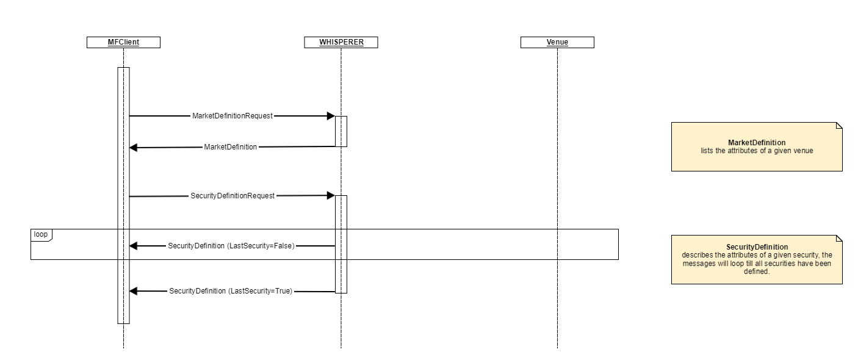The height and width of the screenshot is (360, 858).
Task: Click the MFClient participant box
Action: coord(123,42)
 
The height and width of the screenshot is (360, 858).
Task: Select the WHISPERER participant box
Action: coord(341,42)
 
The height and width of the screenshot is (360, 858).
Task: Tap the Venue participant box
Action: coord(557,42)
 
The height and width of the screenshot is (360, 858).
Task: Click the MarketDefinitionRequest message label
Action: coord(232,116)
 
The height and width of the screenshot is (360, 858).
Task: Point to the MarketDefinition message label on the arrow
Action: coord(230,147)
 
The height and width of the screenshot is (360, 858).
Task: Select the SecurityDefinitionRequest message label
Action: coord(233,196)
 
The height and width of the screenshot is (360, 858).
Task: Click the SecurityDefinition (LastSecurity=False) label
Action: coord(231,246)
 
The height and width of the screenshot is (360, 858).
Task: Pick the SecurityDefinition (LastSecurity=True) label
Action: coord(231,292)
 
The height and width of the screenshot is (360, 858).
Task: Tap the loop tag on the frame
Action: coord(41,234)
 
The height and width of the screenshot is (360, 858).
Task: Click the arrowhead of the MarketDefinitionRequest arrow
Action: coord(331,116)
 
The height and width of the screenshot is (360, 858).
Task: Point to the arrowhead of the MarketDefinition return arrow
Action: coord(134,148)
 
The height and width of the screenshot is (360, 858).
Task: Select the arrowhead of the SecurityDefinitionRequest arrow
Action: coord(331,195)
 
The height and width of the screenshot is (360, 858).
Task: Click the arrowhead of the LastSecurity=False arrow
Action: coord(134,246)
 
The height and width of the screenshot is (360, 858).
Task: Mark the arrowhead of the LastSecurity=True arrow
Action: coord(134,292)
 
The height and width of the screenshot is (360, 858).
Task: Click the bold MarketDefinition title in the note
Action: coord(756,143)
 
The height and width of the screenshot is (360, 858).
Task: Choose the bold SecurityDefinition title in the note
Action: coord(756,247)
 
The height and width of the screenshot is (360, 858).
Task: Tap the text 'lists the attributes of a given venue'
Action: coord(756,150)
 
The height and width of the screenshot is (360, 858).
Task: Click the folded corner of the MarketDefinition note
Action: coord(839,126)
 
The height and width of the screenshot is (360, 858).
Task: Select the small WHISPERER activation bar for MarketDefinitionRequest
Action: coord(341,131)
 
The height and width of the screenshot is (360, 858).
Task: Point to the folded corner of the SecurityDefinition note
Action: coord(839,239)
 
